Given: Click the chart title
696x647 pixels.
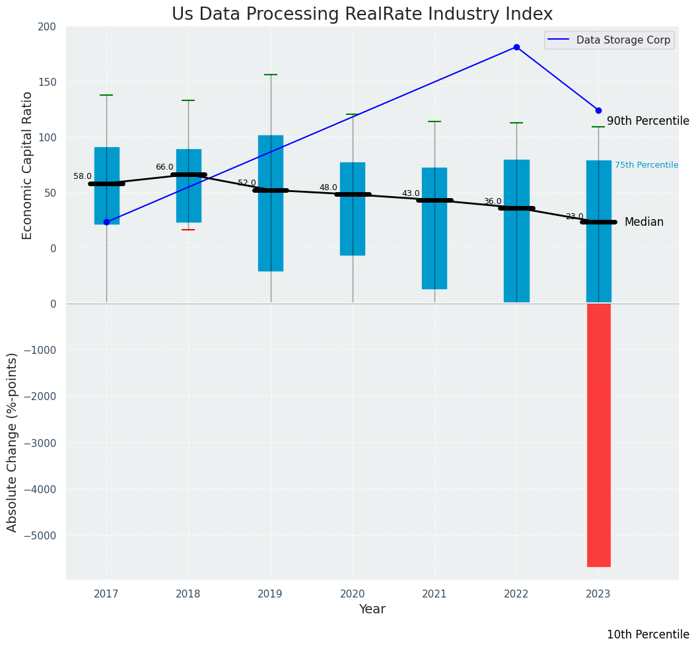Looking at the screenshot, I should coord(362,15).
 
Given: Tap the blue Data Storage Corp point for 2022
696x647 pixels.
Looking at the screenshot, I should coord(516,47).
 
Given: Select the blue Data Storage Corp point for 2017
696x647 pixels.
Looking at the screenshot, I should coord(106,222).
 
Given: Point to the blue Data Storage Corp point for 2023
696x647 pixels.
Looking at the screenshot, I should coord(598,110).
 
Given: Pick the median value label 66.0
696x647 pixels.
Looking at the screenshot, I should coord(164,167).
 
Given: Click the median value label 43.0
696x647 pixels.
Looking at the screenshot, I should coord(411,193).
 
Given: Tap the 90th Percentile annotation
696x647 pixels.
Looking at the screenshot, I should coord(648,121).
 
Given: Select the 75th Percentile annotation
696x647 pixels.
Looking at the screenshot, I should coord(646,165).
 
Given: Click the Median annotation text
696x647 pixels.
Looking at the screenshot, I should coord(644,222).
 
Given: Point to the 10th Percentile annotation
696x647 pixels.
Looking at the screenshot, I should coord(648,634).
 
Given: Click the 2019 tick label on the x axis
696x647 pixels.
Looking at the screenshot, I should coord(270,594).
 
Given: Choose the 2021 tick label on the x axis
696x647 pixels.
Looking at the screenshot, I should coord(435,594).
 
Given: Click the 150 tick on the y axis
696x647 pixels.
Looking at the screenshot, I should coord(48,82).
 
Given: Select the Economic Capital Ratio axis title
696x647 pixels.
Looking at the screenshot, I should coord(28,165).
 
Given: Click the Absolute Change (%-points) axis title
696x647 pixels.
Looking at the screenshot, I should coord(13,442).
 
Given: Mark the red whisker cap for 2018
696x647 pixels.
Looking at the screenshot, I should coord(188,230).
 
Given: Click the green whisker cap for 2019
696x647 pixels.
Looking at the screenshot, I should coord(271,75).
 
